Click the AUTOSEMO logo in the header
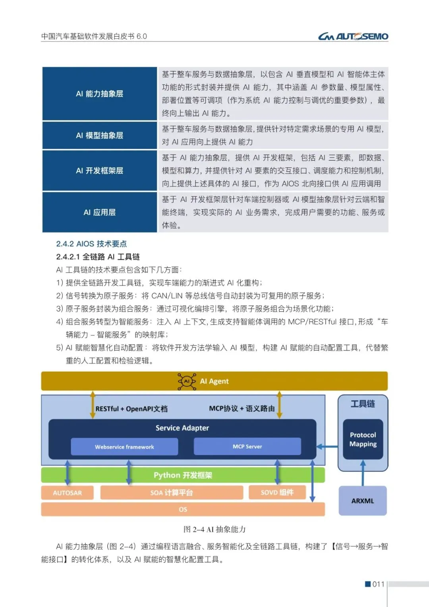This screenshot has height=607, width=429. [353, 37]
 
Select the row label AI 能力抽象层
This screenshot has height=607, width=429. [99, 94]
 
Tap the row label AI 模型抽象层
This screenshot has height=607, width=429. [99, 136]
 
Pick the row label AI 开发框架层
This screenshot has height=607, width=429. [99, 171]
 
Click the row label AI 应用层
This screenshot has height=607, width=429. [99, 212]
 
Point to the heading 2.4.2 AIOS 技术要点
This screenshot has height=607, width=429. [91, 244]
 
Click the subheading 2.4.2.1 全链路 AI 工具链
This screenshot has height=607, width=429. [98, 257]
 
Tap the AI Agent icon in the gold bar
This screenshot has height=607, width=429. [187, 381]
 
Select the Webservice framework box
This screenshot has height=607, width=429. [124, 447]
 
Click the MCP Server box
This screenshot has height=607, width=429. [247, 446]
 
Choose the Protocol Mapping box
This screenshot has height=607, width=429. [363, 439]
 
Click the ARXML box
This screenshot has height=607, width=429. [362, 501]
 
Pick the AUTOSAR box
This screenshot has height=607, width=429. [67, 493]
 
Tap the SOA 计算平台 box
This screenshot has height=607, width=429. [172, 493]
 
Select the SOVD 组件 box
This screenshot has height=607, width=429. [277, 493]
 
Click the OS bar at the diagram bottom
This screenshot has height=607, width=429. [183, 509]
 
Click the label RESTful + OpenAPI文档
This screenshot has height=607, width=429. [131, 409]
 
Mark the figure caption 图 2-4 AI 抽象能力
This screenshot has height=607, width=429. [214, 529]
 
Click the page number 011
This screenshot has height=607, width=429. [378, 584]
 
